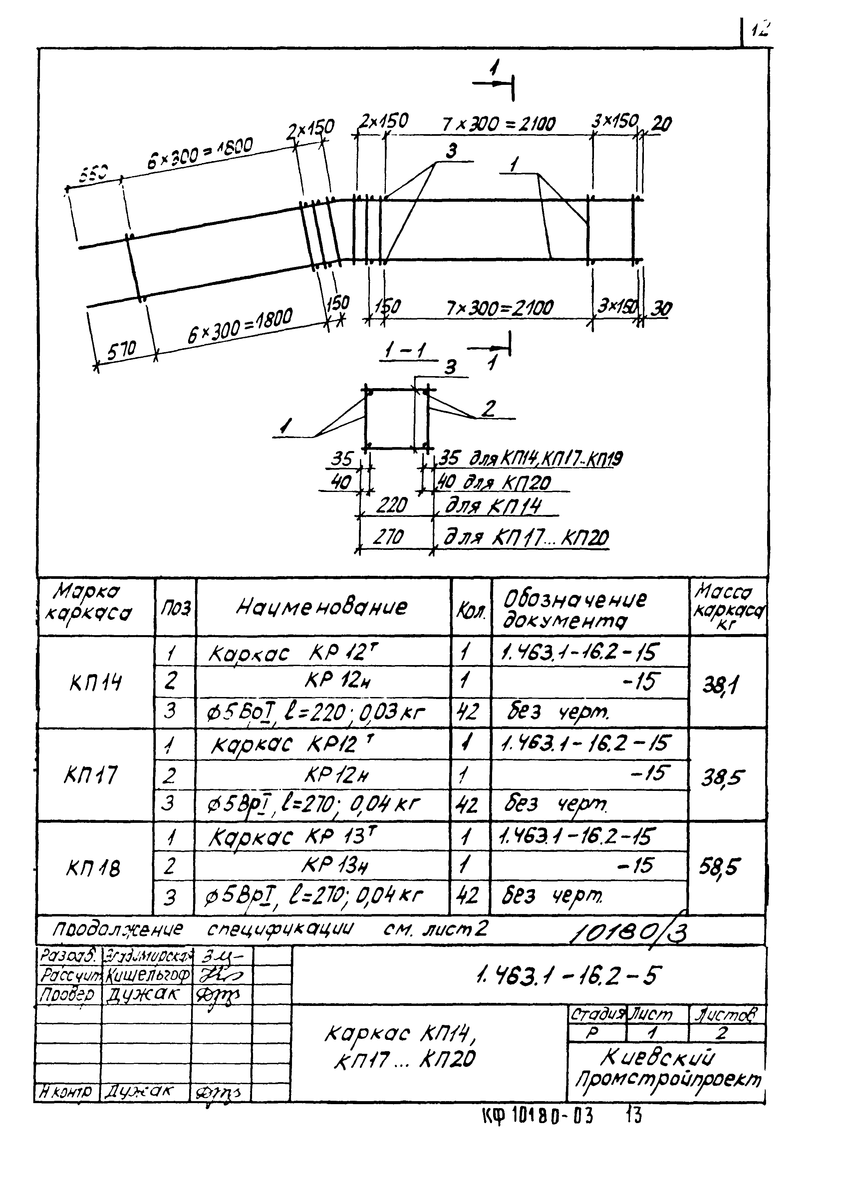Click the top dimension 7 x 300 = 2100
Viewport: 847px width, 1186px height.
(498, 124)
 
